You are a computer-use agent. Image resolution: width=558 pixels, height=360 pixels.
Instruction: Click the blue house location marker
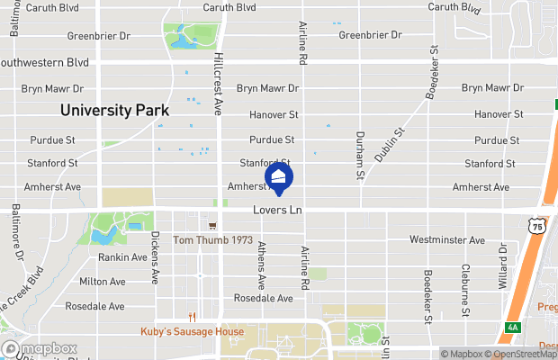tap(279, 178)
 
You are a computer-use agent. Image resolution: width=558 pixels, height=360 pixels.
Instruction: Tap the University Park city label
tap(114, 111)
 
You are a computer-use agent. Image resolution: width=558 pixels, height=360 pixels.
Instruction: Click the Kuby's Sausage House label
tap(192, 331)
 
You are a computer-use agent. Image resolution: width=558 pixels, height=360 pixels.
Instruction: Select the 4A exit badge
tap(512, 327)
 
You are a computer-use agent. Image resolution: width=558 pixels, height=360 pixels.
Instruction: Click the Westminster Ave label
tap(446, 240)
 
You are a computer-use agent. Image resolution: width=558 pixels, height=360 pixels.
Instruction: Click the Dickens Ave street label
tap(155, 256)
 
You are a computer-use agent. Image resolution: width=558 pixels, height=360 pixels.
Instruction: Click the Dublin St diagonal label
tap(391, 145)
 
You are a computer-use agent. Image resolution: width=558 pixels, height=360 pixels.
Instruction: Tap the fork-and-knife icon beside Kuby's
tap(192, 316)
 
